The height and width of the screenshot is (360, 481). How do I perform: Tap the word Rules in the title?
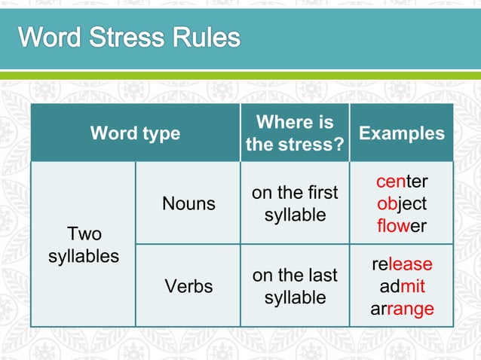[x=207, y=38]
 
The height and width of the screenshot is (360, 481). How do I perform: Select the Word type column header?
[x=135, y=133]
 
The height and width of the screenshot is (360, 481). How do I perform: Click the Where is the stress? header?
[x=295, y=133]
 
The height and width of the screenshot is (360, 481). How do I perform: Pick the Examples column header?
[x=402, y=133]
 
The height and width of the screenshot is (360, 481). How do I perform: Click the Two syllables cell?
[x=84, y=244]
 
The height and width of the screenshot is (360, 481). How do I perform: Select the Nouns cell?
[x=188, y=203]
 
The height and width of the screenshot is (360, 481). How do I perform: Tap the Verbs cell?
[x=188, y=286]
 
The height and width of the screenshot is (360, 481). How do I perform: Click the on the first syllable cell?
[x=295, y=203]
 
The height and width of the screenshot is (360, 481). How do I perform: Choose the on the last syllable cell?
[x=295, y=286]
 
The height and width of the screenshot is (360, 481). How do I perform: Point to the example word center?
[x=402, y=182]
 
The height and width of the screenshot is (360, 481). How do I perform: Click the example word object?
[x=402, y=203]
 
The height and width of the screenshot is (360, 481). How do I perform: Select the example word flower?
[x=402, y=225]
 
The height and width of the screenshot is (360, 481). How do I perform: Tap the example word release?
[x=402, y=264]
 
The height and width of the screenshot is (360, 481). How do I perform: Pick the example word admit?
[x=402, y=286]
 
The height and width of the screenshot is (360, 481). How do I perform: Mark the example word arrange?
[x=402, y=308]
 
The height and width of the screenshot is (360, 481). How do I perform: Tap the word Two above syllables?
[x=84, y=233]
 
